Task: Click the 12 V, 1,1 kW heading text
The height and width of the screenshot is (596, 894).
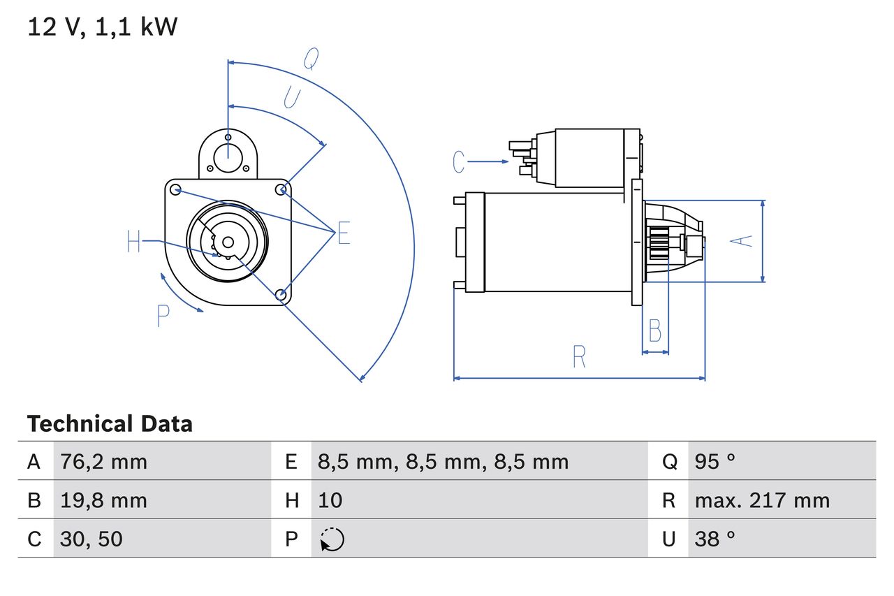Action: tap(103, 27)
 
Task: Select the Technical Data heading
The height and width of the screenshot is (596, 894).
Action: tap(109, 423)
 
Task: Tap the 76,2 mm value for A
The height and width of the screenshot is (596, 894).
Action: tap(103, 461)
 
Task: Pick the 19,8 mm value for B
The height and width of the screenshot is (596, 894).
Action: tap(103, 500)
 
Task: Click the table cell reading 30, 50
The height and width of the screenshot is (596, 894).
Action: tap(91, 539)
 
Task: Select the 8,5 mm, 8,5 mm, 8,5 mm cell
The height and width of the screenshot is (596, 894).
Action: tap(443, 461)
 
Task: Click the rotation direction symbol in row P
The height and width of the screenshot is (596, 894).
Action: tap(332, 539)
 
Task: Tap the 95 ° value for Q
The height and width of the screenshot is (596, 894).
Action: tap(715, 461)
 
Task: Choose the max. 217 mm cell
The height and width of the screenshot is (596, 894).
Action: tap(762, 500)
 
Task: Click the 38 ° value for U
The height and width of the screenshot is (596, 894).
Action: tap(715, 539)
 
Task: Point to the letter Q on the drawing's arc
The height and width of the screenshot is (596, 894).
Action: tap(311, 60)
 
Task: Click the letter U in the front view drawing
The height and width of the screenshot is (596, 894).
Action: tap(292, 98)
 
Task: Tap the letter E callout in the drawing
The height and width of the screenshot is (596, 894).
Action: tap(343, 234)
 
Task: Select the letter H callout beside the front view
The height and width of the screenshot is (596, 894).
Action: tap(134, 242)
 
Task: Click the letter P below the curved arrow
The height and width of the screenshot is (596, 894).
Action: tap(163, 317)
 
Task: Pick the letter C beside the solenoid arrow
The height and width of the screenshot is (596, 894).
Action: tap(458, 162)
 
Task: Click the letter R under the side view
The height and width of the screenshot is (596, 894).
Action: tap(578, 357)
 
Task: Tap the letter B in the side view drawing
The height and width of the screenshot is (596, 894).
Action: tap(654, 330)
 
